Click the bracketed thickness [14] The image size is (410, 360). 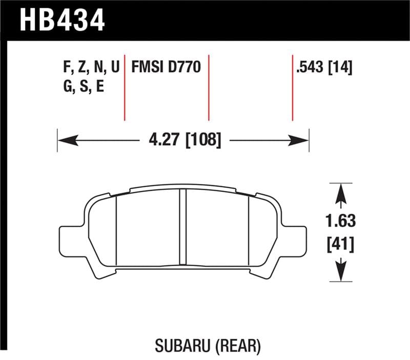(339, 67)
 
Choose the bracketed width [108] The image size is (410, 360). (203, 139)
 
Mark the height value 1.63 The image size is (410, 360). (341, 222)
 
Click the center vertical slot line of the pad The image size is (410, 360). (182, 228)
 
